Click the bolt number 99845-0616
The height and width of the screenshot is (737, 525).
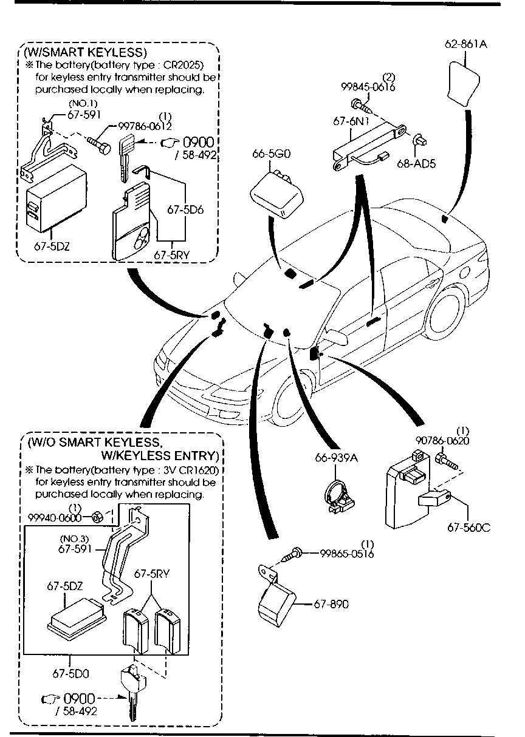pyautogui.click(x=368, y=87)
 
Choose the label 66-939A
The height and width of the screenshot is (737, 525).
pyautogui.click(x=336, y=457)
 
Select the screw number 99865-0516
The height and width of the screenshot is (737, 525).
pyautogui.click(x=347, y=554)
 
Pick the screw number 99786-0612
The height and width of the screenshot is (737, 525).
pyautogui.click(x=144, y=126)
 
